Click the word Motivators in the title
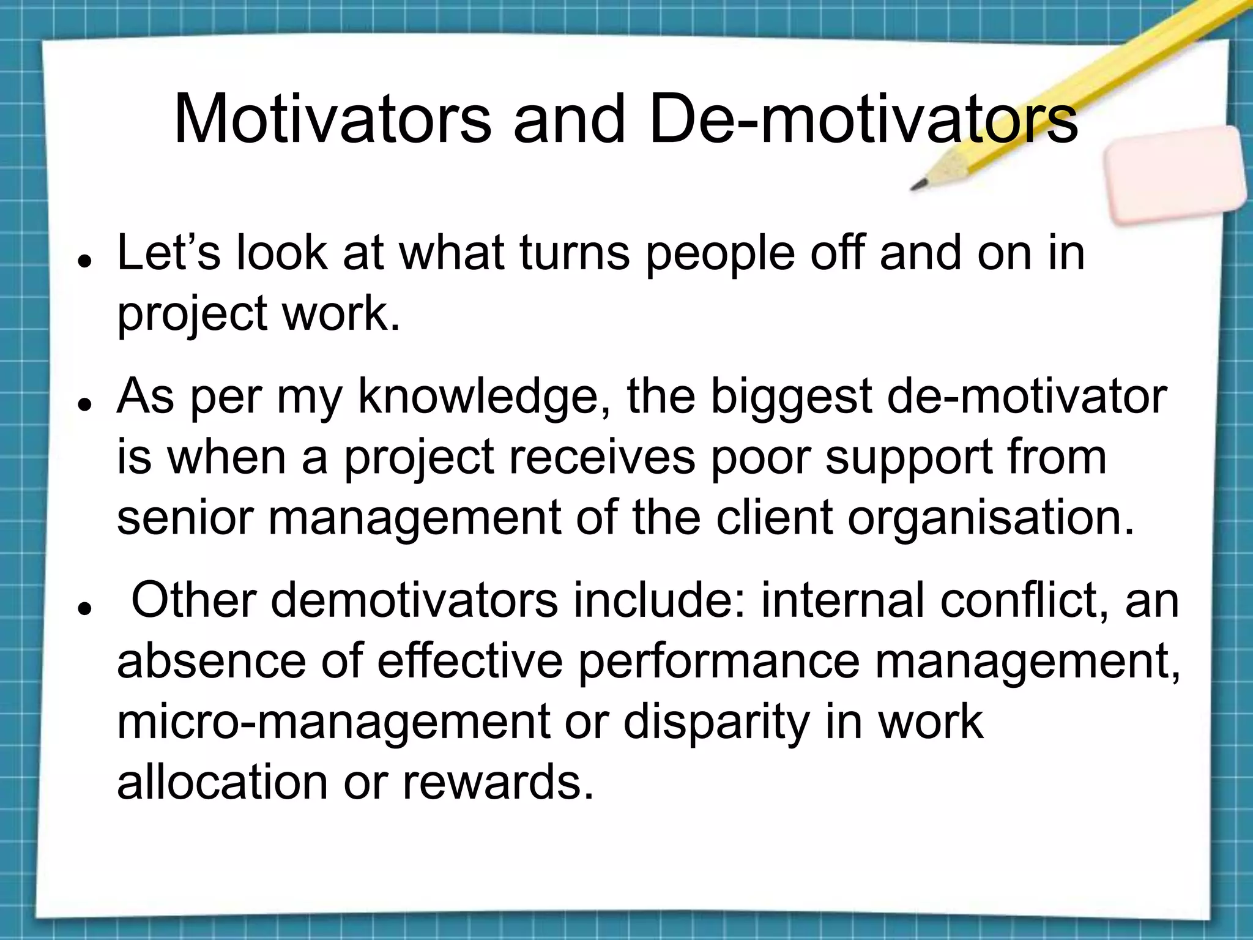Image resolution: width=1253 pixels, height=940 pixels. (x=332, y=119)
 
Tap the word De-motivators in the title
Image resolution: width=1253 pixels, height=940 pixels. (x=863, y=119)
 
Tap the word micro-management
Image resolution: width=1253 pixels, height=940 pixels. (x=333, y=723)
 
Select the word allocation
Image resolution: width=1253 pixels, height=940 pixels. (x=222, y=782)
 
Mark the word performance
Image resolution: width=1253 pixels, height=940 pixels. (x=718, y=663)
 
